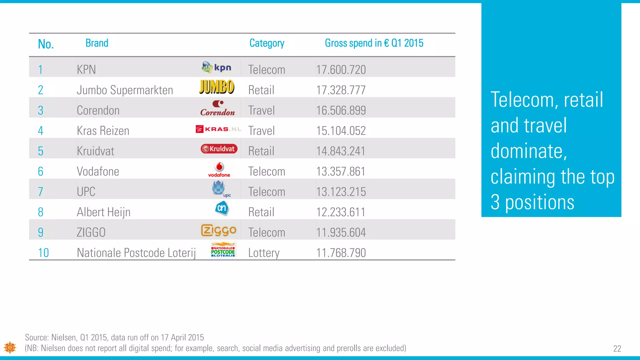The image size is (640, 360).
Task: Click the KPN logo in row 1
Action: click(x=216, y=67)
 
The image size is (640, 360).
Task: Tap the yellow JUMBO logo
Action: click(x=217, y=87)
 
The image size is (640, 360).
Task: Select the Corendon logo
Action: click(x=217, y=108)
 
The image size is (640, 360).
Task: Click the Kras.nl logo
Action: click(x=218, y=129)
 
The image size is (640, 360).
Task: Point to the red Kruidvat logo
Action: click(x=219, y=149)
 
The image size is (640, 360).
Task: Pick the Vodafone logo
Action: click(x=219, y=170)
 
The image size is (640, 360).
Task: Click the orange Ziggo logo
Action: click(x=218, y=230)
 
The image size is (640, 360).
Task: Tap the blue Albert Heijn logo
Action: click(x=222, y=208)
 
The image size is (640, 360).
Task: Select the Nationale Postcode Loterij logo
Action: click(x=223, y=250)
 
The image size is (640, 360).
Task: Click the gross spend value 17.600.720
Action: click(x=341, y=70)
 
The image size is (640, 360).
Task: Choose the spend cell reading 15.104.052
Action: click(x=341, y=131)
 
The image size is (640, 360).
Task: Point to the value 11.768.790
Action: click(x=341, y=253)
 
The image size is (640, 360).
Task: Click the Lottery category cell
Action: click(x=264, y=253)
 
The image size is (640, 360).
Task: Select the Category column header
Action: click(x=267, y=43)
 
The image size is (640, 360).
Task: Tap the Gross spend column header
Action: click(x=374, y=43)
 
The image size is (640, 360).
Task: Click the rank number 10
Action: click(x=43, y=253)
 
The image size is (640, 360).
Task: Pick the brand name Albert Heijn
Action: click(x=103, y=212)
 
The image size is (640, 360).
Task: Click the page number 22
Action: click(x=617, y=349)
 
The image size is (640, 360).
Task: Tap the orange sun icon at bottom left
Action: click(x=10, y=347)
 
